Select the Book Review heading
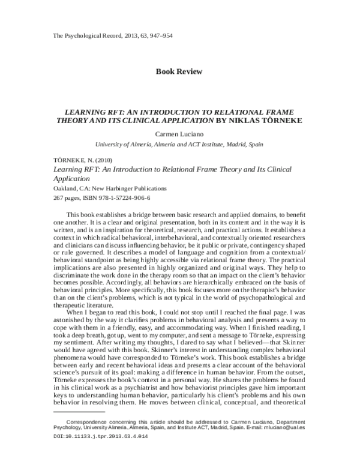(x=179, y=71)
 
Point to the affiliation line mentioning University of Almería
(x=179, y=145)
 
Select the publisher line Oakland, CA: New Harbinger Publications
(x=101, y=188)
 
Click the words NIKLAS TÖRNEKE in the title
(x=271, y=120)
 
